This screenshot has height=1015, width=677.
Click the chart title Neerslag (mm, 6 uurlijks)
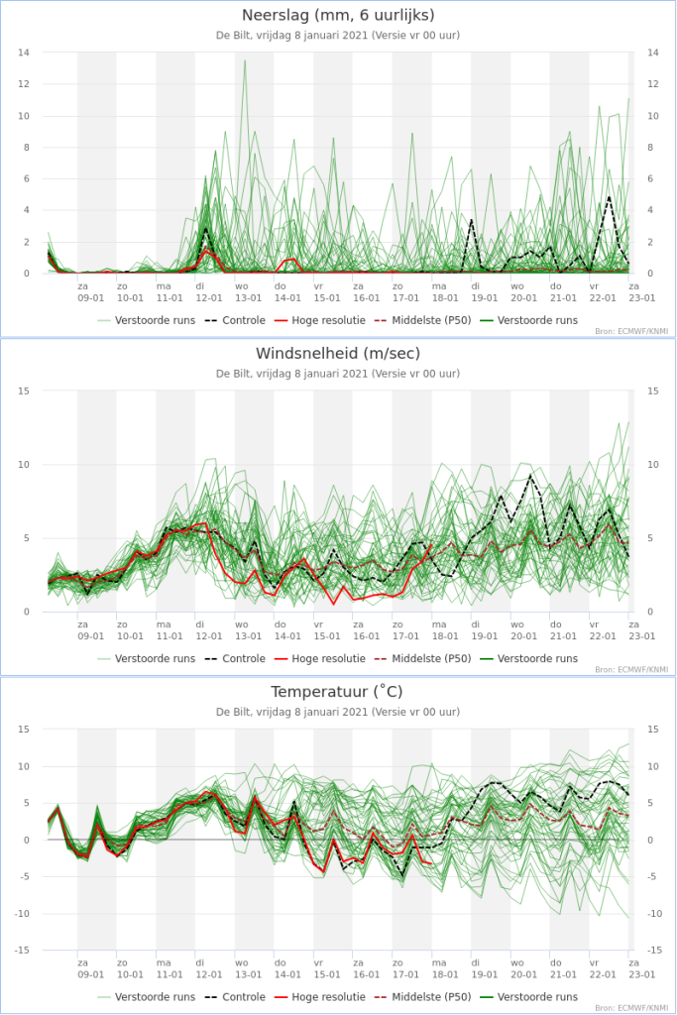tap(338, 15)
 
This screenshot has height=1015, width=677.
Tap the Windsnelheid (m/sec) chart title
tap(338, 354)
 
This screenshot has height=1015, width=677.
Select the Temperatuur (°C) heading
tap(337, 691)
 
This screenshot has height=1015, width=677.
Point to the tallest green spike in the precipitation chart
tap(245, 60)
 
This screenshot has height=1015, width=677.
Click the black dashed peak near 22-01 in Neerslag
tap(609, 197)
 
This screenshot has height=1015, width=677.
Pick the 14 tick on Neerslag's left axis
tap(24, 53)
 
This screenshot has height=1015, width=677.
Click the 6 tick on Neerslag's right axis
tap(651, 178)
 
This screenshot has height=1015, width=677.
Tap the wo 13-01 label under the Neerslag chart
tap(248, 292)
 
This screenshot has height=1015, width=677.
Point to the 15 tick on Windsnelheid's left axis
tap(24, 391)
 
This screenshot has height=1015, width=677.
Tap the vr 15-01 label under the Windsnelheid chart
tap(327, 630)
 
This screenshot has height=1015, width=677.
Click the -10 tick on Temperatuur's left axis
tap(22, 913)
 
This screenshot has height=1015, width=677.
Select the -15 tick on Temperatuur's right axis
tap(654, 951)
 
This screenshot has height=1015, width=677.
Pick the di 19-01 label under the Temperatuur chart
tap(484, 968)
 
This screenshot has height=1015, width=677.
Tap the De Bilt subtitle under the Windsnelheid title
tap(338, 374)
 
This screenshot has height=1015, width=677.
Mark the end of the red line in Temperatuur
tap(431, 863)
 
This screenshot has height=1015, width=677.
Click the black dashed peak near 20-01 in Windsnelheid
tap(530, 476)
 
